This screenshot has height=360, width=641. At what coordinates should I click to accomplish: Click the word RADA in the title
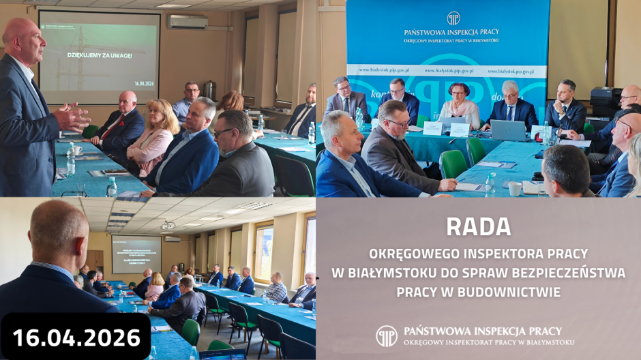click(477, 226)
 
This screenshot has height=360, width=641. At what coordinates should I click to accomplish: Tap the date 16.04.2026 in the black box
click(76, 337)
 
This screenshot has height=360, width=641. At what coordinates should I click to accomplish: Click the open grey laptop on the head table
click(508, 130)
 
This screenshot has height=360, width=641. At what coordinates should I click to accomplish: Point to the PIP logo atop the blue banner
click(453, 18)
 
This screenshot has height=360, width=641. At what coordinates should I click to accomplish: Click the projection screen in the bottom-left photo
click(136, 254)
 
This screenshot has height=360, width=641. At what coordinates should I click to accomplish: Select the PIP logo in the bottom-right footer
click(387, 335)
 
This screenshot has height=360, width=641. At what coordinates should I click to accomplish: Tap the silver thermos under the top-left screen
click(209, 91)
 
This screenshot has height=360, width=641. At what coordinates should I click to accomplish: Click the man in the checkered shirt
click(275, 290)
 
